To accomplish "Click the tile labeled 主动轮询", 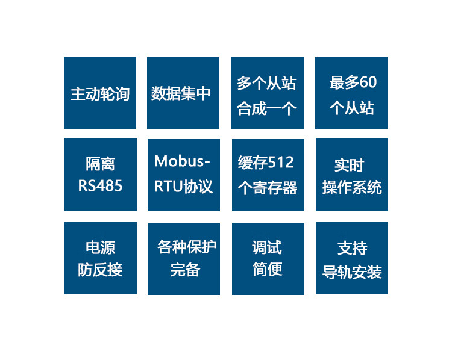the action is [100, 93].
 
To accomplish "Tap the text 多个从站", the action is [267, 82].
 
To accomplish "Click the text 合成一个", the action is [267, 109].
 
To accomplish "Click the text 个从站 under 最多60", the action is [352, 108].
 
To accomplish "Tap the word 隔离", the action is [100, 164].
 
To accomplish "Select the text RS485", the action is [100, 185].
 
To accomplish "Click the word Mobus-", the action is [182, 161].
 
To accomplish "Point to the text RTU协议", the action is [183, 187].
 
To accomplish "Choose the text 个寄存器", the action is [268, 188].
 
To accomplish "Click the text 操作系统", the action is [352, 187].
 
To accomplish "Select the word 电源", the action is [100, 247].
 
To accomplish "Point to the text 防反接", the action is [100, 270].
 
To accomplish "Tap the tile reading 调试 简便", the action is [268, 258].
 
